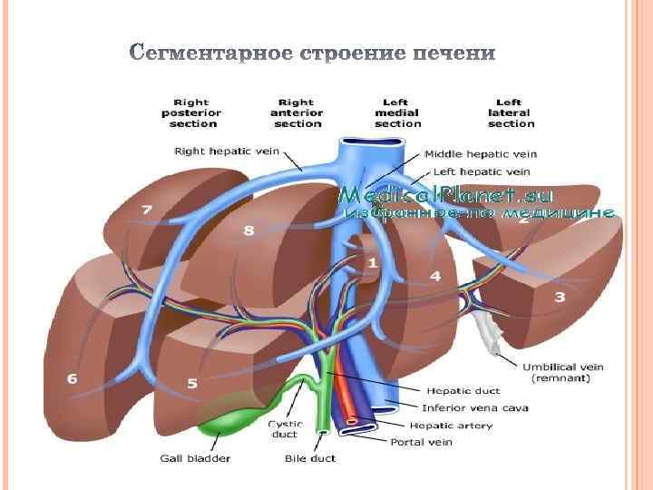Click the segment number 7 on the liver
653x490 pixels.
(147, 210)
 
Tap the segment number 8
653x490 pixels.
(249, 230)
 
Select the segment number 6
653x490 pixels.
(73, 377)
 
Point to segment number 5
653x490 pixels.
(192, 383)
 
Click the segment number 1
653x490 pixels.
(372, 263)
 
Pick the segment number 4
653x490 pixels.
(435, 275)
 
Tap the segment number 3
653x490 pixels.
(560, 297)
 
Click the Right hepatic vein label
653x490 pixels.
(227, 152)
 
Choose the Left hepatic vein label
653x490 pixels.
(482, 171)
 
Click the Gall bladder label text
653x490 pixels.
(196, 458)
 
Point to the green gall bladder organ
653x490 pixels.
(231, 419)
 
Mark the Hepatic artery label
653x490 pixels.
(451, 426)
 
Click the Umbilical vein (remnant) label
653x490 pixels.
(563, 372)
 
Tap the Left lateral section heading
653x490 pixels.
(511, 113)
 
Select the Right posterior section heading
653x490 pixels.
(190, 113)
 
